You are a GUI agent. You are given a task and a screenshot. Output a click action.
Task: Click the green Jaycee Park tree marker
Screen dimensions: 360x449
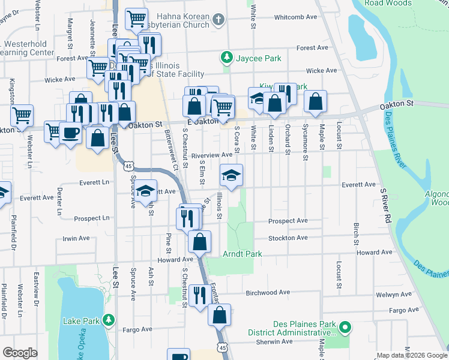click(227, 58)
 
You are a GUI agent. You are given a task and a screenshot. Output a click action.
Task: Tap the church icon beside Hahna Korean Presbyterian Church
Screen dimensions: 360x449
click(218, 19)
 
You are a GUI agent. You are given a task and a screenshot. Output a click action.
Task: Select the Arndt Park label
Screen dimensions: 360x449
click(244, 254)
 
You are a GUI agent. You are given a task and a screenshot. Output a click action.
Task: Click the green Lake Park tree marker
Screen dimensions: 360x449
click(108, 320)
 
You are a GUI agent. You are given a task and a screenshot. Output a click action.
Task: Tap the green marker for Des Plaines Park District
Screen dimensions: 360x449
click(344, 328)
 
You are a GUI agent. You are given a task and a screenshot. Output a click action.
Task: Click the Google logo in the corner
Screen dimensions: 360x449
click(20, 353)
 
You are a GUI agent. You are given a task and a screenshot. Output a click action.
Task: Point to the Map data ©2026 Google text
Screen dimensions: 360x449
click(412, 355)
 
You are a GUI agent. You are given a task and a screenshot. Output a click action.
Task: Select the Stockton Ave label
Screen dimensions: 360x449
click(288, 238)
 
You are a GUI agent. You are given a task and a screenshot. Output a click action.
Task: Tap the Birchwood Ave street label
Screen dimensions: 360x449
click(268, 293)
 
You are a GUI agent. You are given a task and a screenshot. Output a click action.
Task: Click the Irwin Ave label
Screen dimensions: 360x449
click(76, 238)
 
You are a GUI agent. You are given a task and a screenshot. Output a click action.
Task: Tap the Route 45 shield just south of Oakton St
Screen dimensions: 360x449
click(128, 166)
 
